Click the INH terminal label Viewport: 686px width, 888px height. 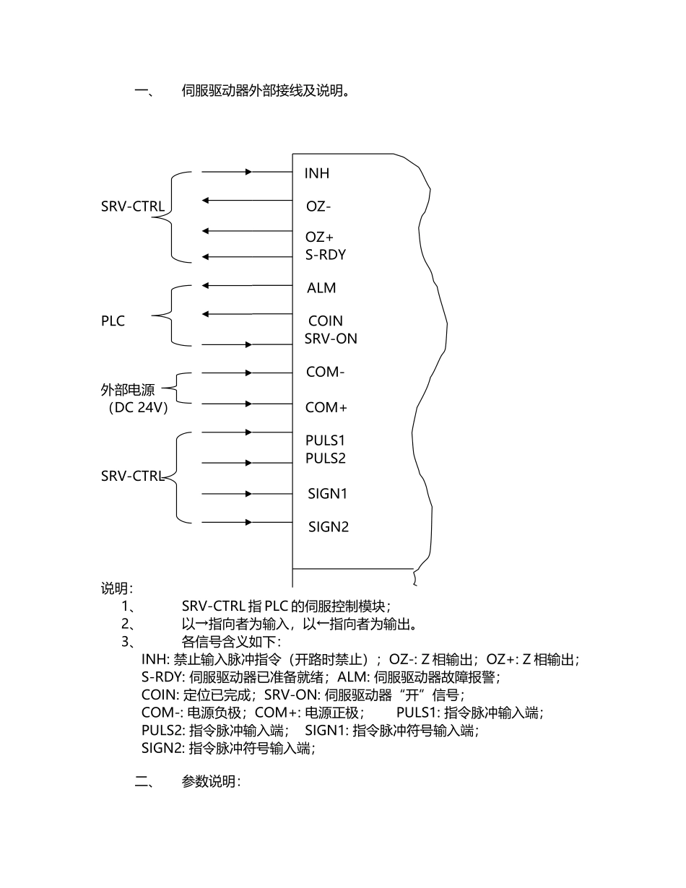317,174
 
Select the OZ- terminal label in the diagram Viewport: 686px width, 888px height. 318,207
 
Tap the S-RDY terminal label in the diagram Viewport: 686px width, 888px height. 325,255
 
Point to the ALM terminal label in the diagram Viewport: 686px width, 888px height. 321,288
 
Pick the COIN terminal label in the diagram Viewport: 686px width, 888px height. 326,321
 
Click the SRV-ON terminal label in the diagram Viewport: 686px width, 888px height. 331,339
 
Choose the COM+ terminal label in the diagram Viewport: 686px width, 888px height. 326,408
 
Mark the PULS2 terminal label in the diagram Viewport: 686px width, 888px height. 326,458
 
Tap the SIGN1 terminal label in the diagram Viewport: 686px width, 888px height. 328,494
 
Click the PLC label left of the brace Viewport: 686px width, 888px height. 113,321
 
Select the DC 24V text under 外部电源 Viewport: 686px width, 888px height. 138,408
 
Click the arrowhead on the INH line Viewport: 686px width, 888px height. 249,172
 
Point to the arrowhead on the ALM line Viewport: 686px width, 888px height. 206,286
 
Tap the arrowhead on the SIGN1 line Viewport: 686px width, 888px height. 249,494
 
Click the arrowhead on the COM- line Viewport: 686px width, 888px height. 249,373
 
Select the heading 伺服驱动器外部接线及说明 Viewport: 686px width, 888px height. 266,92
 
